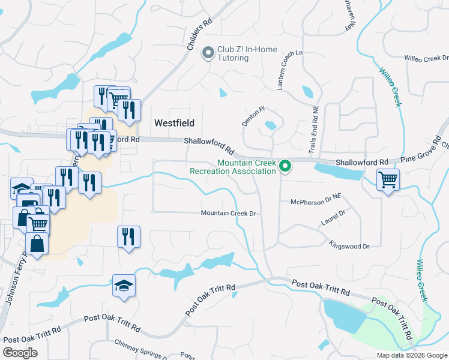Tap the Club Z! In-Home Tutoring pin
click(209, 53)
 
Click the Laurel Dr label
click(334, 217)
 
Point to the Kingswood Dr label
click(349, 245)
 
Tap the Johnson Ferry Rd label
click(16, 278)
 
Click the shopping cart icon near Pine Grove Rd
click(388, 178)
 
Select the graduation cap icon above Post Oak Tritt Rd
click(124, 285)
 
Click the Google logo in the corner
click(20, 353)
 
